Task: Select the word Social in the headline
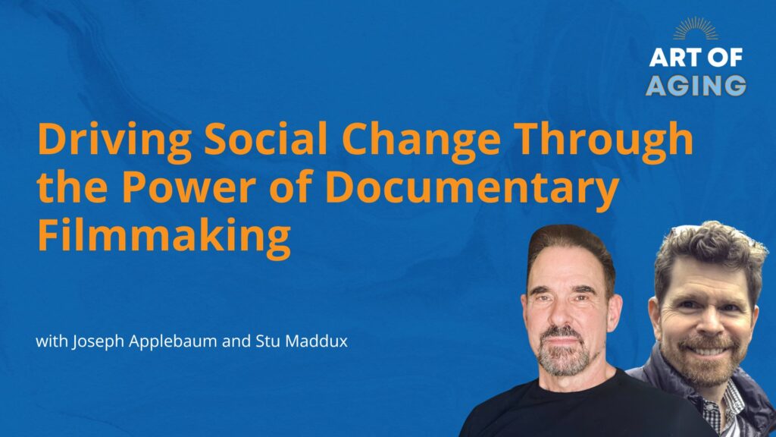(x=266, y=139)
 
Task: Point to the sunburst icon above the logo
(x=696, y=30)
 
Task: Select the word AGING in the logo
(x=696, y=86)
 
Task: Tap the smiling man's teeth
(x=709, y=351)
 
